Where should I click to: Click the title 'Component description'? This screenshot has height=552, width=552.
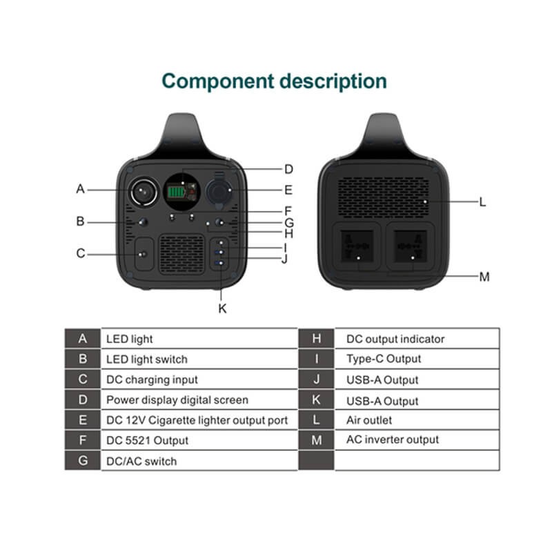point(274,81)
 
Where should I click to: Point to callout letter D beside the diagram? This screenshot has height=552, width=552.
point(288,169)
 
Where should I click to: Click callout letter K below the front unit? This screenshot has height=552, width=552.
point(222,308)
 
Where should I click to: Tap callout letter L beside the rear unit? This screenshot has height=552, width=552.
point(483,202)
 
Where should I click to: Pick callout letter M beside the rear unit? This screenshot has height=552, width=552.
point(484,277)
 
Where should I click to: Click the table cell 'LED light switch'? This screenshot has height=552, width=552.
point(146,359)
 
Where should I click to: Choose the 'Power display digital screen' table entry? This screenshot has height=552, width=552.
point(177,400)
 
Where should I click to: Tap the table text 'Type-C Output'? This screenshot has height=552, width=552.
point(384,359)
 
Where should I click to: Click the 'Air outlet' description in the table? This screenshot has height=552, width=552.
point(368,420)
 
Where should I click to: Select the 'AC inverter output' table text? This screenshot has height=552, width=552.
point(393,440)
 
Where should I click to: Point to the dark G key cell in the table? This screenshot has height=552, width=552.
point(83,460)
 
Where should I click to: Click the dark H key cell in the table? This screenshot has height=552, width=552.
point(317,339)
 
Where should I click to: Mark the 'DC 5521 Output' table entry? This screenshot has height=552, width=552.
point(147,440)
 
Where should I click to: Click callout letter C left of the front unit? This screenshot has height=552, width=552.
point(81,253)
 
